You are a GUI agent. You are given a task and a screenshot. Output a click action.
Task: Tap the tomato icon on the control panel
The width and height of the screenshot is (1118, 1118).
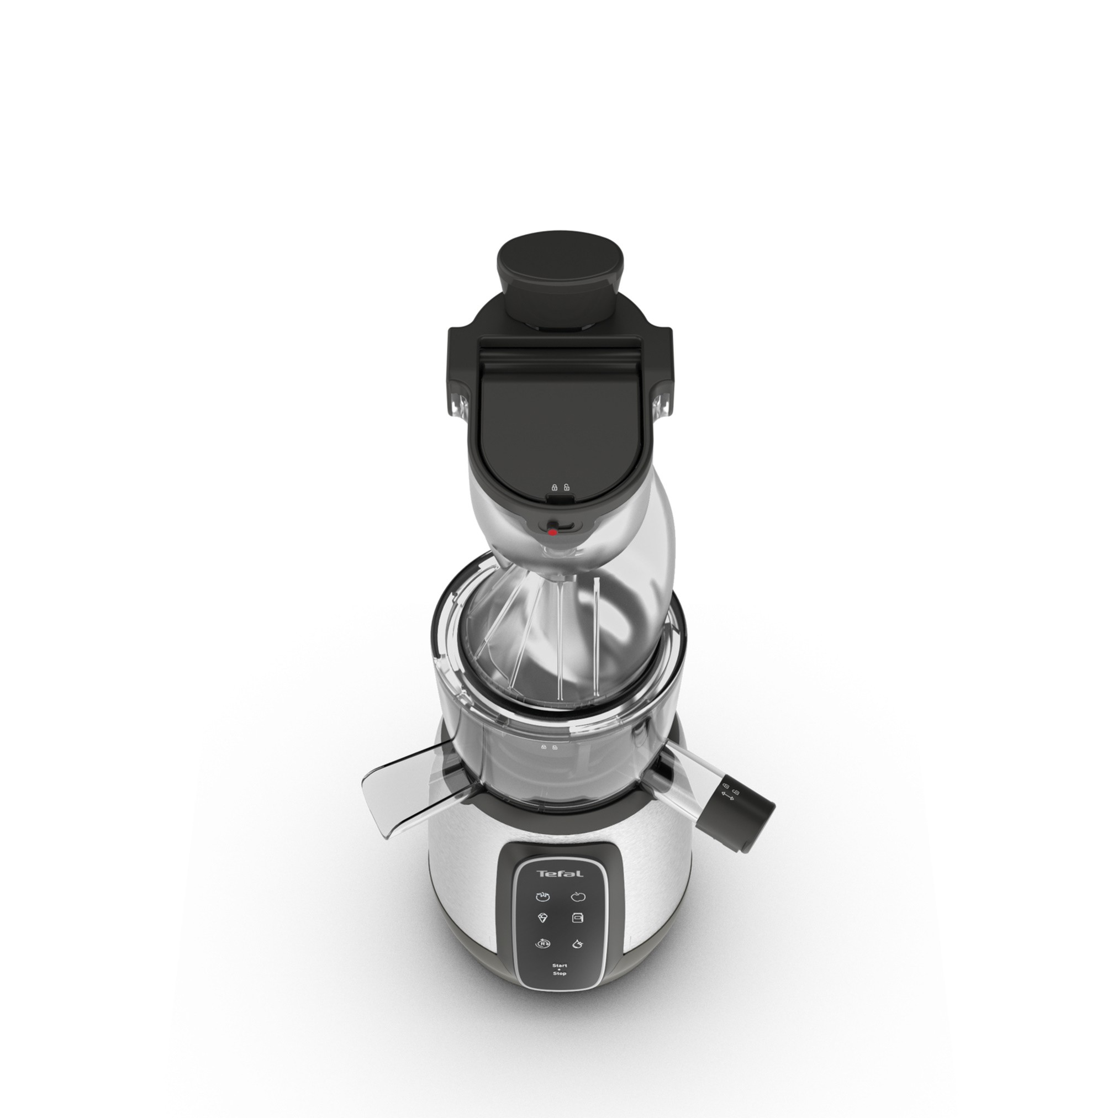pos(542,897)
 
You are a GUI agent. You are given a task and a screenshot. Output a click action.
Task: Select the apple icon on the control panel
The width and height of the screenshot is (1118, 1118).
pos(578,897)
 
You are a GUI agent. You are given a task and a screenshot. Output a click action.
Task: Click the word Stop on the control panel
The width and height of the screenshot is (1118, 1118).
pos(560,974)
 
